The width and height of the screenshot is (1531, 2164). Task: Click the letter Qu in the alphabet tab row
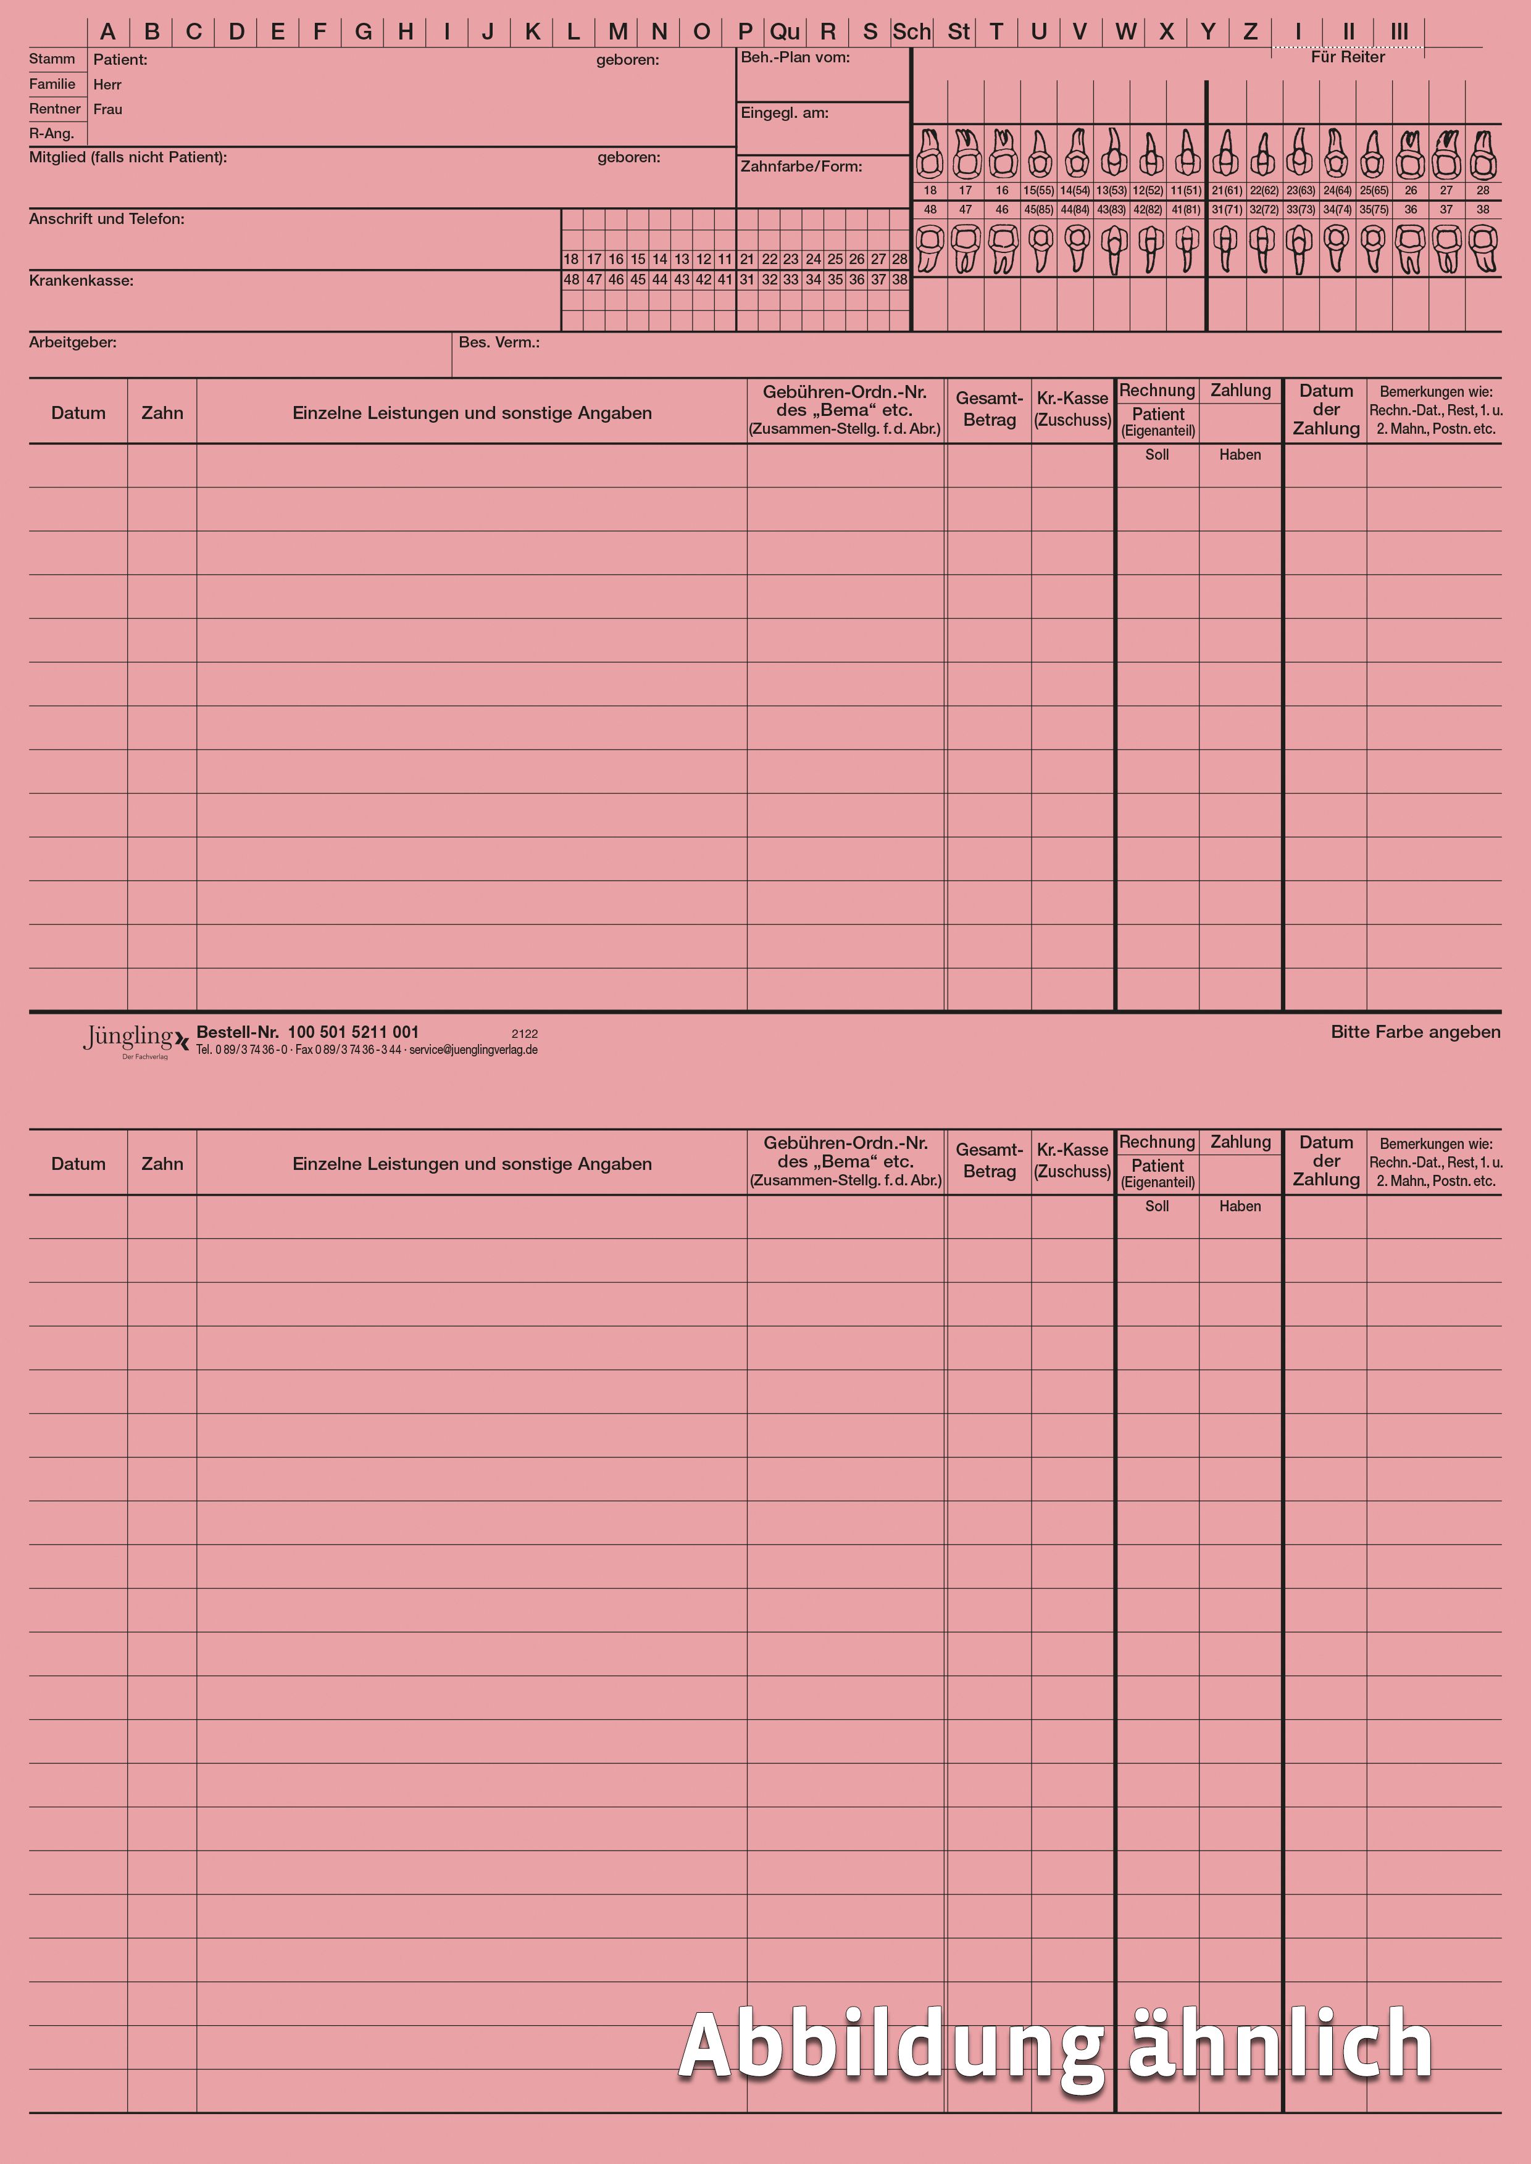pyautogui.click(x=785, y=32)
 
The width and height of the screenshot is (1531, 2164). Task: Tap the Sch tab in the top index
pyautogui.click(x=912, y=32)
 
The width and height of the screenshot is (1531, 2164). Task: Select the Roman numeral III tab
pyautogui.click(x=1399, y=32)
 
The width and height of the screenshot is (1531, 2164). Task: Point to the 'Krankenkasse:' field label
pyautogui.click(x=81, y=281)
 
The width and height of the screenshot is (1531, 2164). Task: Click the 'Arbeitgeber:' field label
pyautogui.click(x=73, y=342)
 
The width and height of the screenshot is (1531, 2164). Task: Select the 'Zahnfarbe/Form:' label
pyautogui.click(x=801, y=167)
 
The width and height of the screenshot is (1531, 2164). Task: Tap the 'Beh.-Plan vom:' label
pyautogui.click(x=795, y=57)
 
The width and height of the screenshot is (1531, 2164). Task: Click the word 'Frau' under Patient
pyautogui.click(x=107, y=109)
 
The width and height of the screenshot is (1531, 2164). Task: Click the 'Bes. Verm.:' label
pyautogui.click(x=499, y=342)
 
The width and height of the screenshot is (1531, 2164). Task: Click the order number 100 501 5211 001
pyautogui.click(x=353, y=1032)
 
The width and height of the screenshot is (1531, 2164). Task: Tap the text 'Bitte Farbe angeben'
pyautogui.click(x=1415, y=1032)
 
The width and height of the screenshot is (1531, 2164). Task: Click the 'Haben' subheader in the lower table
pyautogui.click(x=1240, y=1206)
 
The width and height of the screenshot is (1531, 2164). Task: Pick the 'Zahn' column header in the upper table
pyautogui.click(x=162, y=413)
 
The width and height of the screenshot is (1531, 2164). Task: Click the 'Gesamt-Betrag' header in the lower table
pyautogui.click(x=989, y=1160)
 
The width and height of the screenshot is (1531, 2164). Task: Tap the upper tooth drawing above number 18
pyautogui.click(x=930, y=154)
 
